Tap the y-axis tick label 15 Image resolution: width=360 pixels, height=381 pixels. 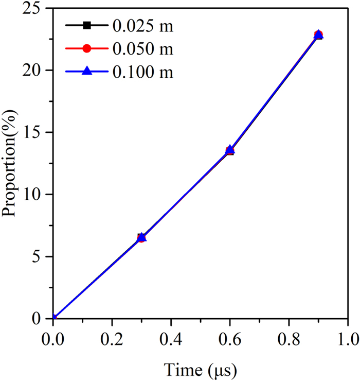coord(36,132)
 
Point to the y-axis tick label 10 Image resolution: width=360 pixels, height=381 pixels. coord(36,195)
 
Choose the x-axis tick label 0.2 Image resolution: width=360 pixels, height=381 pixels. coord(112,340)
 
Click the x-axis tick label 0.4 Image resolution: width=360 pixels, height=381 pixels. coord(171,340)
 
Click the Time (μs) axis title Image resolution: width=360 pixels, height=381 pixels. coord(201,369)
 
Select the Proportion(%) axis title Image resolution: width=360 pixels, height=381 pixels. coord(11,164)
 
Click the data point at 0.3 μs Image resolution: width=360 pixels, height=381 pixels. coord(142,237)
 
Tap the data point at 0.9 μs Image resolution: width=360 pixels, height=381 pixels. coord(318,34)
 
